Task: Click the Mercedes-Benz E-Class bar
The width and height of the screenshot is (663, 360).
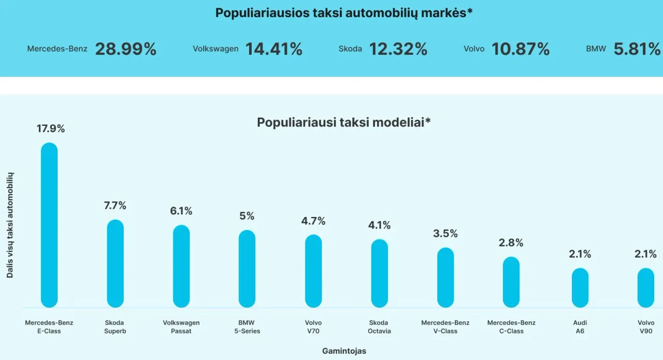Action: [49, 225]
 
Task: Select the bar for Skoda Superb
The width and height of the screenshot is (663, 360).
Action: [115, 264]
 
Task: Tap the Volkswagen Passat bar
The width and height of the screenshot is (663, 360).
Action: [181, 266]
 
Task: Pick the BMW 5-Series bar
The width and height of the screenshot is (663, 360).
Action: [247, 269]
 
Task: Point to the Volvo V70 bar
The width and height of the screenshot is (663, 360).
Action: [313, 271]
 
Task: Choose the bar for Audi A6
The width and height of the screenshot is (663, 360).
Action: [580, 287]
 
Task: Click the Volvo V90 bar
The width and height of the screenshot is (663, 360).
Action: [646, 287]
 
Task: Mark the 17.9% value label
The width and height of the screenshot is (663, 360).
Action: [51, 129]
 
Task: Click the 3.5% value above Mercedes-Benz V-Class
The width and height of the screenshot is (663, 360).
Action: [445, 234]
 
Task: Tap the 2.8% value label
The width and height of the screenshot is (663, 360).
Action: [511, 243]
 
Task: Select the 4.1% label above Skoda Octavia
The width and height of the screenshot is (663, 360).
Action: [379, 225]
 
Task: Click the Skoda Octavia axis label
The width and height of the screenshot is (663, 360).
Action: [379, 327]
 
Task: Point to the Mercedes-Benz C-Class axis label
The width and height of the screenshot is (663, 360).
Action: [511, 327]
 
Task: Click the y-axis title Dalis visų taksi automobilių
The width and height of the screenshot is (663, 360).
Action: [10, 225]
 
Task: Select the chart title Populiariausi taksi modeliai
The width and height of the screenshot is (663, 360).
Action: [344, 123]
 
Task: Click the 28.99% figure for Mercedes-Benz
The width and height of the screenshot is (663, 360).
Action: [126, 49]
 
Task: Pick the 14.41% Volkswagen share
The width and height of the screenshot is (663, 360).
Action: [274, 49]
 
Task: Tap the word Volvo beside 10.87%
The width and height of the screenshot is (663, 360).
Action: [474, 49]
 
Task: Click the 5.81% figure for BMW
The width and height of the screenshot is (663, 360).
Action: [637, 49]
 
